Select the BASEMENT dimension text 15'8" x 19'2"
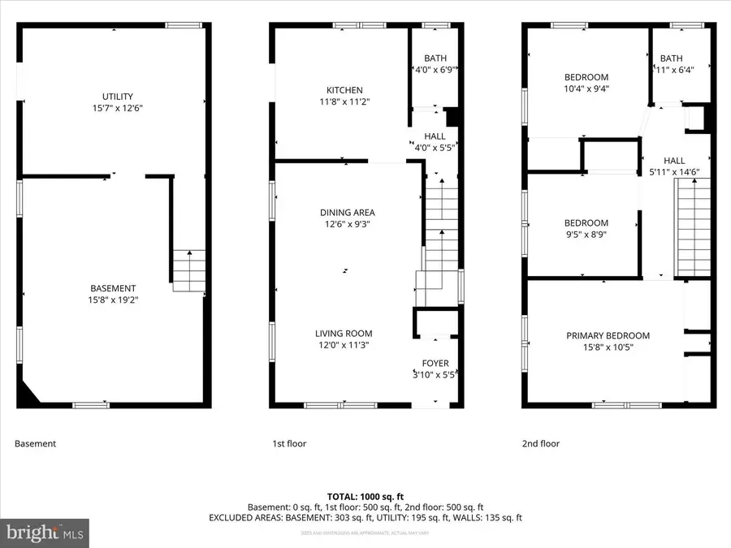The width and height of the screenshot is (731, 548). click(x=113, y=299)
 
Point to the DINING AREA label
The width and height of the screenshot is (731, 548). click(x=347, y=213)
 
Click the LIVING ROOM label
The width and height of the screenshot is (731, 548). click(x=344, y=333)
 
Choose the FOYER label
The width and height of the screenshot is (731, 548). click(x=435, y=363)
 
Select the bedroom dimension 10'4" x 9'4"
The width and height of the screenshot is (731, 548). click(x=586, y=88)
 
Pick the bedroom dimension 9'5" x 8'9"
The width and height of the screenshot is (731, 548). click(x=586, y=235)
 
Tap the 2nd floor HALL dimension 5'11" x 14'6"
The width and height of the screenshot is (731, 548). click(x=674, y=172)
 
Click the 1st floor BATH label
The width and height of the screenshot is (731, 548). click(x=435, y=58)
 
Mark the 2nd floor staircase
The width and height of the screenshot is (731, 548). click(x=694, y=227)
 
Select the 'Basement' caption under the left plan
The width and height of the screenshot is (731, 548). click(x=36, y=443)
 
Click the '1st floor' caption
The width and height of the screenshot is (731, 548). click(x=289, y=443)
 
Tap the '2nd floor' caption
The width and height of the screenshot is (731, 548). click(x=540, y=443)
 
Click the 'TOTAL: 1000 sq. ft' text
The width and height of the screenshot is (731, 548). click(x=365, y=495)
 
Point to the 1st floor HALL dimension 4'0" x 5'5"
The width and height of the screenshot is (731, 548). click(x=435, y=148)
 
